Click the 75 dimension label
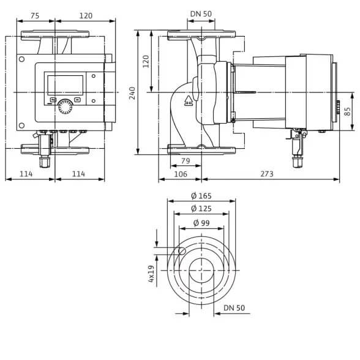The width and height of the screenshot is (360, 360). [x=35, y=16]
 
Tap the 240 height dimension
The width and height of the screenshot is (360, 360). [x=132, y=93]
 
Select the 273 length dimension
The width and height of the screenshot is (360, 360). [x=267, y=174]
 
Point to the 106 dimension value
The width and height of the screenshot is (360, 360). [x=181, y=174]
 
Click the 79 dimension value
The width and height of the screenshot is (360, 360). [x=186, y=160]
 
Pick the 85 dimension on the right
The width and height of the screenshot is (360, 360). [x=348, y=111]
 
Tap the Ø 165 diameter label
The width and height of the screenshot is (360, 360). [x=201, y=196]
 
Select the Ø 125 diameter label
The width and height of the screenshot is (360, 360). [x=201, y=208]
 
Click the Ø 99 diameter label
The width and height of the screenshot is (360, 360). [x=201, y=223]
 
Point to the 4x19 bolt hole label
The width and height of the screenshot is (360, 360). [x=151, y=274]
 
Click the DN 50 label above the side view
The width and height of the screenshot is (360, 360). [x=201, y=13]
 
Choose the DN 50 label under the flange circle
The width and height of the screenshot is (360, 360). [x=234, y=307]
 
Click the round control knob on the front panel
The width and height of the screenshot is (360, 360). [x=65, y=107]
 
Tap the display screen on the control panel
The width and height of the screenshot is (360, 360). [x=65, y=85]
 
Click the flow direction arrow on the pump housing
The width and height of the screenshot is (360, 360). [x=189, y=100]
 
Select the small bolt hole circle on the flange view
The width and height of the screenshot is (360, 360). [x=182, y=251]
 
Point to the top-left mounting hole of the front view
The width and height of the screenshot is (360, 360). [x=21, y=59]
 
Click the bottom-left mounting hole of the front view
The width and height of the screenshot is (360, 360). [x=21, y=126]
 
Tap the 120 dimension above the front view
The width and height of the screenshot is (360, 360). [x=86, y=16]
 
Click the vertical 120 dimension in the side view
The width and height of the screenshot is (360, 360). [x=146, y=61]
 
